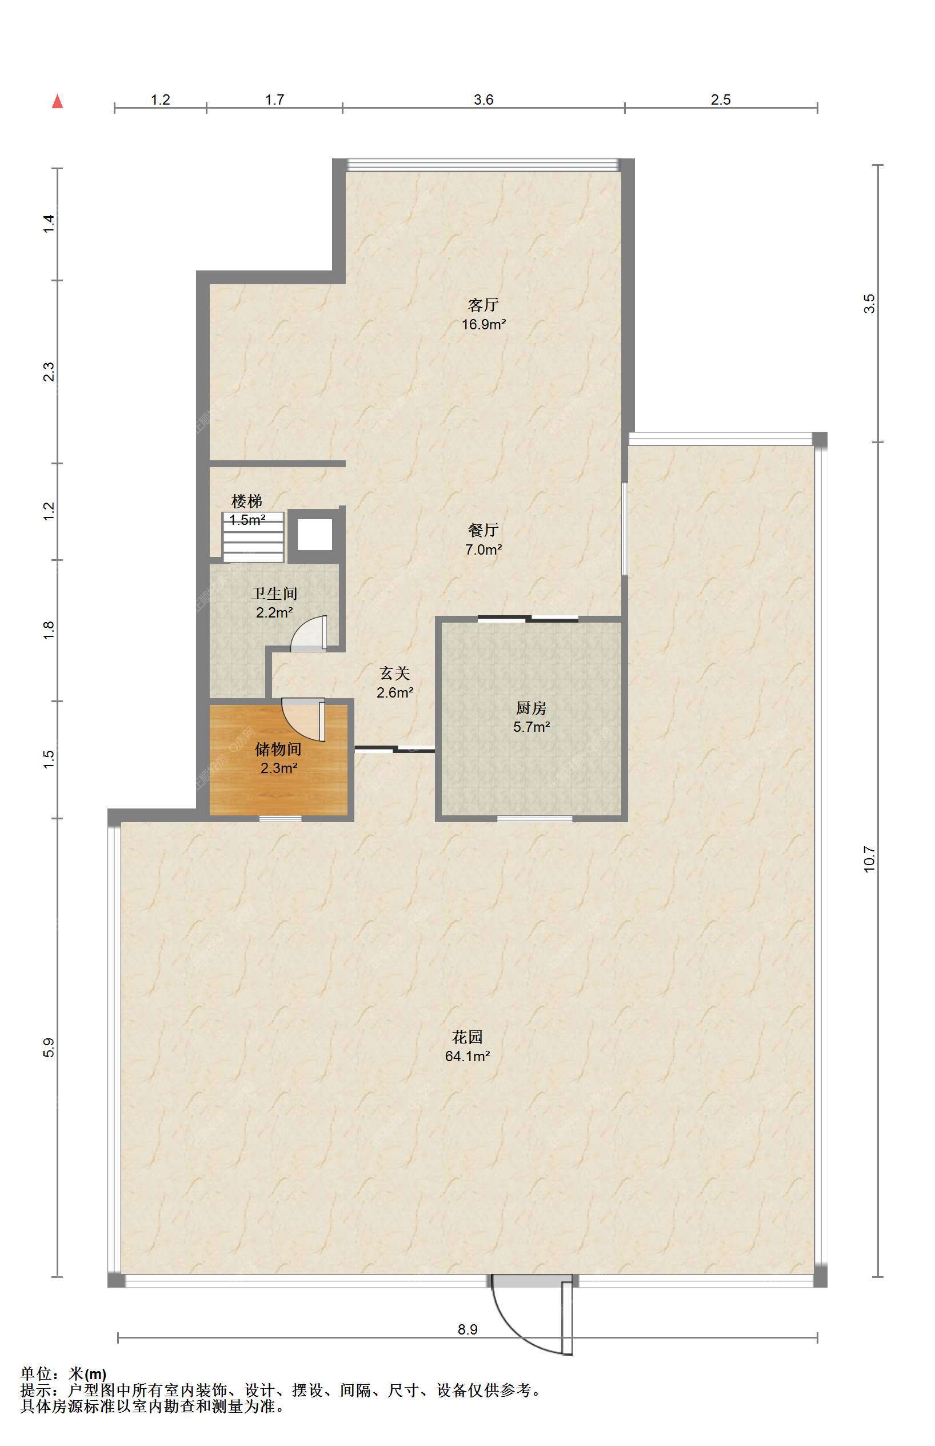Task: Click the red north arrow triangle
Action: pos(58,101)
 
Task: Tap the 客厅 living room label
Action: pos(484,305)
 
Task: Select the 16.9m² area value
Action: pos(484,324)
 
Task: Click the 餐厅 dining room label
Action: pos(484,530)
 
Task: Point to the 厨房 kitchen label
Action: pos(532,707)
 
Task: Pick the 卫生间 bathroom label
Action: pos(274,593)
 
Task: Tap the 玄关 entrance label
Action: pos(395,673)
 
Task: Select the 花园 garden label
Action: pos(467,1037)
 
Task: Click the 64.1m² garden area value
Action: pos(467,1056)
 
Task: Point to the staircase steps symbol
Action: pos(253,537)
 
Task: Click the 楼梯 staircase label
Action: pos(247,501)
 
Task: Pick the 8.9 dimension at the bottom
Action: pos(467,1329)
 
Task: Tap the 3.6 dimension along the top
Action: pos(484,99)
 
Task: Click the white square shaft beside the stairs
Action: pos(314,535)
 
